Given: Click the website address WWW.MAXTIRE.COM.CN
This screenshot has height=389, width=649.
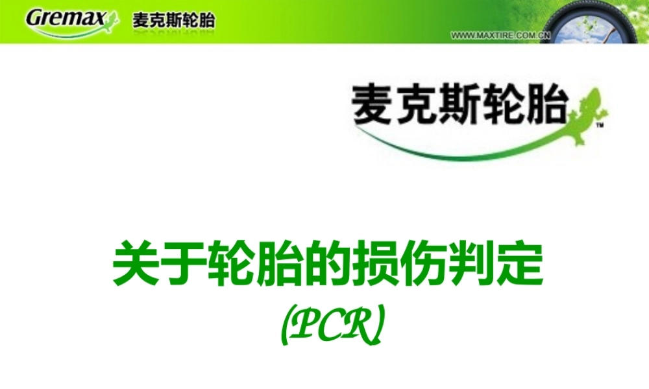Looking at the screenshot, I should point(500,36).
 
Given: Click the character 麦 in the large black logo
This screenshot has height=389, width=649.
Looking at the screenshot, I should point(373,104).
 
